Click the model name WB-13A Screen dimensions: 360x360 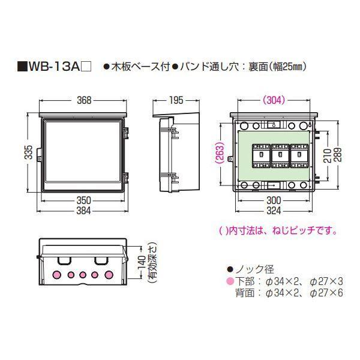click(x=53, y=67)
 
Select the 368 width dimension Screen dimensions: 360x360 click(x=84, y=100)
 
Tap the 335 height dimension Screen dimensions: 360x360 click(x=29, y=152)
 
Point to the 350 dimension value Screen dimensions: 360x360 click(x=83, y=200)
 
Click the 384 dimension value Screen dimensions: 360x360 click(x=83, y=211)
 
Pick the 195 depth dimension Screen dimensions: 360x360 click(x=176, y=100)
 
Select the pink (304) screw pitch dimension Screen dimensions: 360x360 click(x=274, y=100)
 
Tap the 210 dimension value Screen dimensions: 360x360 click(x=328, y=155)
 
